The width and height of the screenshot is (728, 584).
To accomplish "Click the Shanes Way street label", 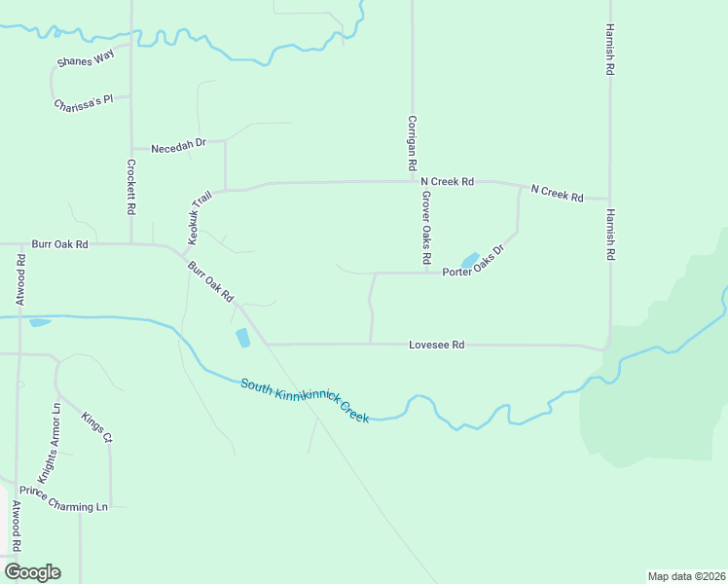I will click(x=86, y=61).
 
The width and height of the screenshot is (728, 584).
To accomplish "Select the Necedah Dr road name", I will click(x=179, y=143).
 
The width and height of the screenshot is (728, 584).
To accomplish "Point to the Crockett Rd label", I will click(x=130, y=188).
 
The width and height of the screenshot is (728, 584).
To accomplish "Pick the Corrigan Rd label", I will click(x=413, y=144).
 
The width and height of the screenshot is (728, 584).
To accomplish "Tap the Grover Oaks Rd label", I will click(x=426, y=228).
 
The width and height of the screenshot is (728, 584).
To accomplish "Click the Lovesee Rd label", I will click(x=436, y=345).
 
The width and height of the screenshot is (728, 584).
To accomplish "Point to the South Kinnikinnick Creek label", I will click(x=305, y=399).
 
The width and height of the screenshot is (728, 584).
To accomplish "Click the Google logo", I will click(x=32, y=572).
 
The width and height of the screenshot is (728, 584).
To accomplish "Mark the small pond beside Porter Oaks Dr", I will click(x=469, y=260).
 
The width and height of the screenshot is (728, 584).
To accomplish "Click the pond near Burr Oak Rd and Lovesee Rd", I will click(x=242, y=338).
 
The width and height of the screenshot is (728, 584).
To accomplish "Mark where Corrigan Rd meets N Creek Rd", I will click(x=413, y=181).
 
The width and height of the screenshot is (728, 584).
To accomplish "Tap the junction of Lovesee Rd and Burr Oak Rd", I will click(x=266, y=344).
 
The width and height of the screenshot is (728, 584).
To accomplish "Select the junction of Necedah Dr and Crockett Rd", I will click(x=131, y=148).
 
